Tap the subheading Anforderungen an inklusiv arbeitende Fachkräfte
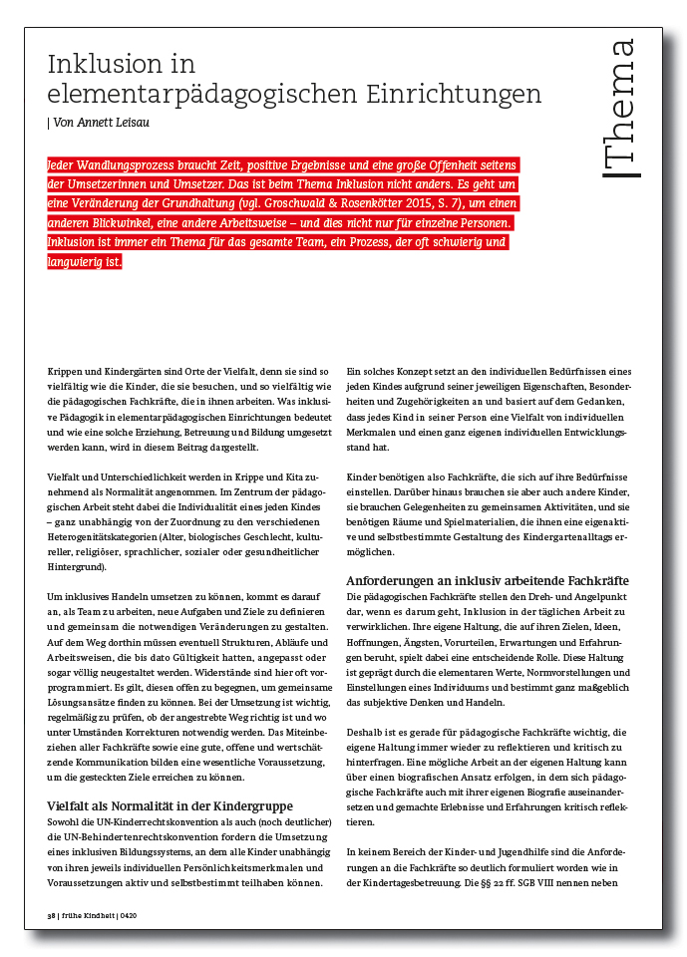tap(487, 580)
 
